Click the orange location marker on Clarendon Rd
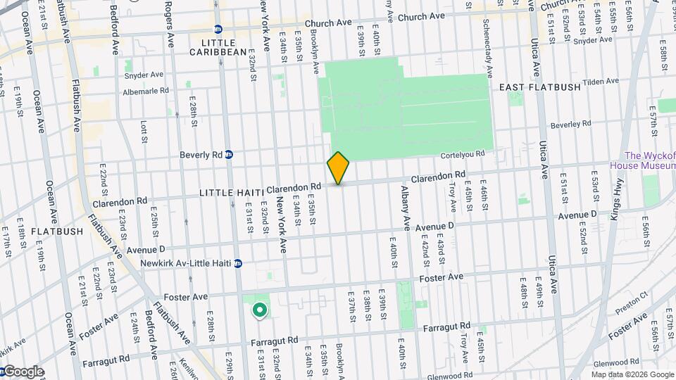click(x=338, y=168)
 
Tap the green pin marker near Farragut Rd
click(x=259, y=309)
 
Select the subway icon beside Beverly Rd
click(x=230, y=155)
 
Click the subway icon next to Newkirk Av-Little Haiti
click(x=238, y=264)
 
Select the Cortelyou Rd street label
click(x=463, y=154)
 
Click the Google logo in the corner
click(x=23, y=372)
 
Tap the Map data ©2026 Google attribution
click(x=631, y=374)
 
